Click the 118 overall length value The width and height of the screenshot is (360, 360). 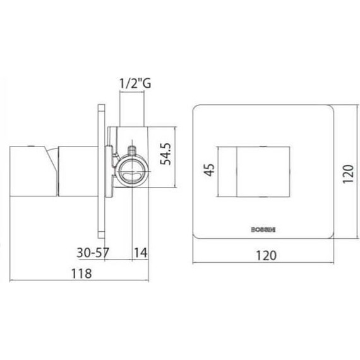(x=81, y=273)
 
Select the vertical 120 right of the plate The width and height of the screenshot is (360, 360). (x=346, y=170)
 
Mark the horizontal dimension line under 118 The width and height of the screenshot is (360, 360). (x=76, y=280)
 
